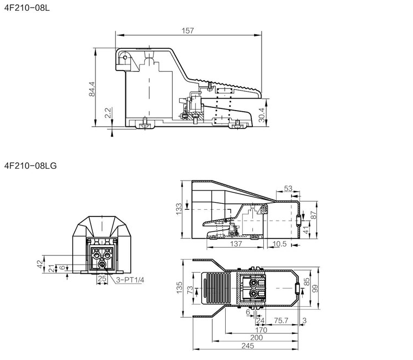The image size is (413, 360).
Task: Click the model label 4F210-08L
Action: [27, 8]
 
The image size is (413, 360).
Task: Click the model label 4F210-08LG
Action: [30, 166]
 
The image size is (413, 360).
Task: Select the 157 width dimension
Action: [188, 31]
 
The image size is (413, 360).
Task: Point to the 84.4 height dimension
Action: [92, 89]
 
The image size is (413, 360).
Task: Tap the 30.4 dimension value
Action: [262, 115]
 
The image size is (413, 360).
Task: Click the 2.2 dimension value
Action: [108, 113]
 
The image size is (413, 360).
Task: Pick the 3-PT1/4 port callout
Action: [130, 280]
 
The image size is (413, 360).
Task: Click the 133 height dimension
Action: [179, 209]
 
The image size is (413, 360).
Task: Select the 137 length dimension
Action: [236, 244]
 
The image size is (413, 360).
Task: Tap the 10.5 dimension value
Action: [279, 244]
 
